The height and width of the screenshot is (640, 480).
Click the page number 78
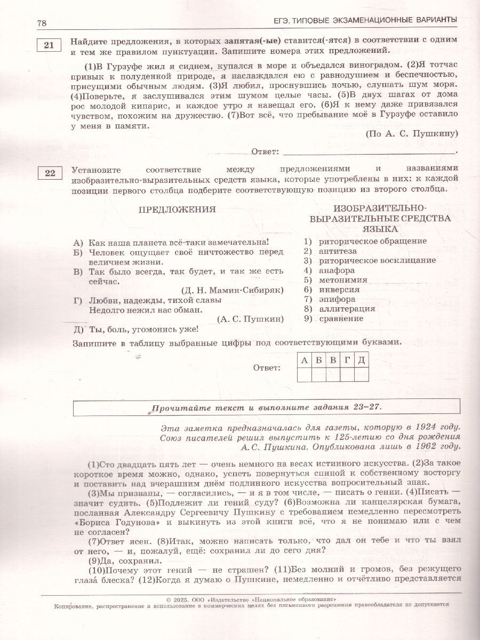click(42, 23)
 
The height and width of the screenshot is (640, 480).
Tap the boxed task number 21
click(49, 45)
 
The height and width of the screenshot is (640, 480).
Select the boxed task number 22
click(49, 172)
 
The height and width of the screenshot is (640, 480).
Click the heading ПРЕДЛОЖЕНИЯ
click(177, 209)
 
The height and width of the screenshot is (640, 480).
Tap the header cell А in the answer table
click(304, 361)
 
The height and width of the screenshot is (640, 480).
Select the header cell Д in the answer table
click(361, 361)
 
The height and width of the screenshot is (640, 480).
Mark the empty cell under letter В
click(333, 375)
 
